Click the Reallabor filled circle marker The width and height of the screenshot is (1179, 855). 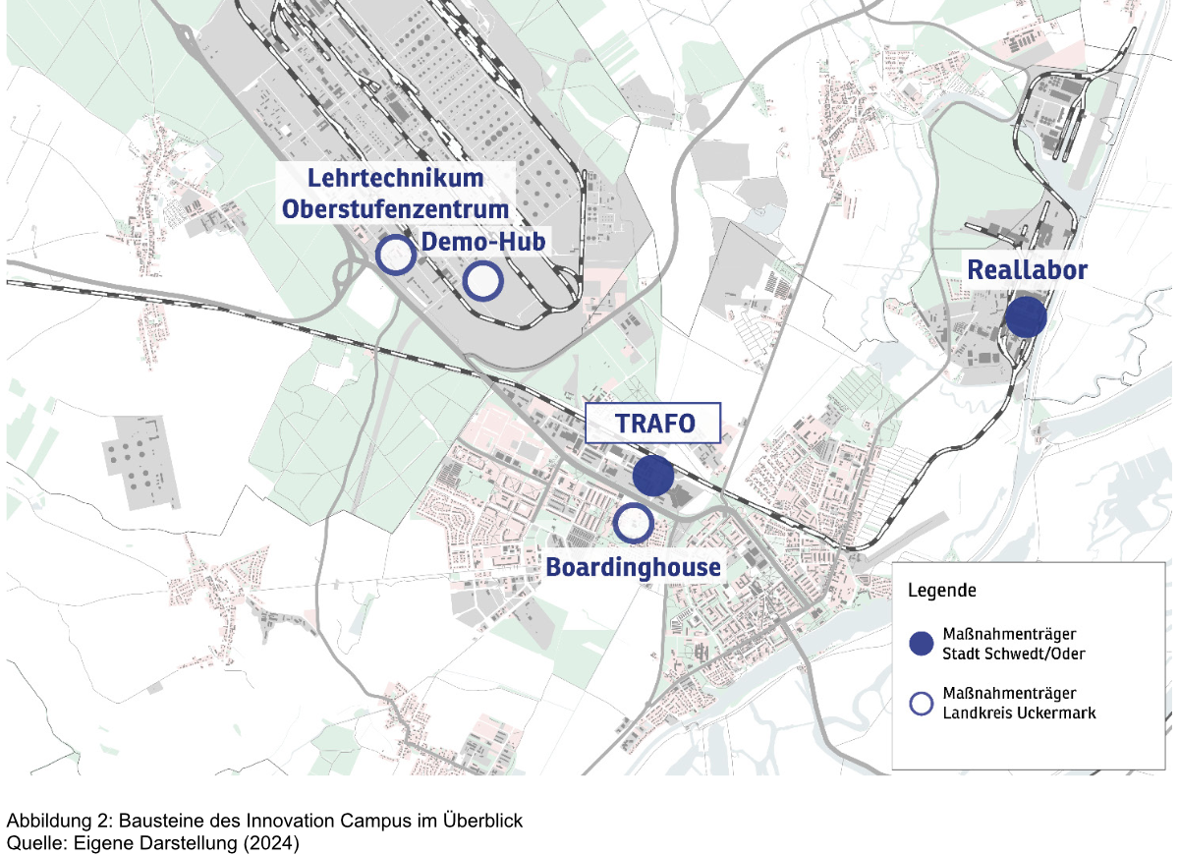tap(1025, 317)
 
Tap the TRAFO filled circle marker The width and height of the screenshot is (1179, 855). tap(653, 476)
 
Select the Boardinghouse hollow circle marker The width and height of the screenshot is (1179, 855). tap(633, 523)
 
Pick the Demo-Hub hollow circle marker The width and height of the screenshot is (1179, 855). tap(482, 282)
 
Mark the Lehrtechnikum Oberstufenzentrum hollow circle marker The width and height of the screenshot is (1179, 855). tap(396, 255)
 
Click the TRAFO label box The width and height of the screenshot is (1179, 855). tap(653, 424)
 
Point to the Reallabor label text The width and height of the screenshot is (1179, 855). tap(1028, 269)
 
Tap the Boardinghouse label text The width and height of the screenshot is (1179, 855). tap(633, 567)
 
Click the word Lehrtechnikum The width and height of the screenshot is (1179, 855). tap(396, 179)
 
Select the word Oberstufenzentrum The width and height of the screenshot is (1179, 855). tap(396, 209)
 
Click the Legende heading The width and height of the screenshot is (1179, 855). tap(941, 592)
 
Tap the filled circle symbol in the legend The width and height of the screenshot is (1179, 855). tap(921, 644)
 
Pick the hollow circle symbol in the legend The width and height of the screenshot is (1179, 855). tap(921, 703)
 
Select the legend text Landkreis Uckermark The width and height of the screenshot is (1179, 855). tap(1019, 712)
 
